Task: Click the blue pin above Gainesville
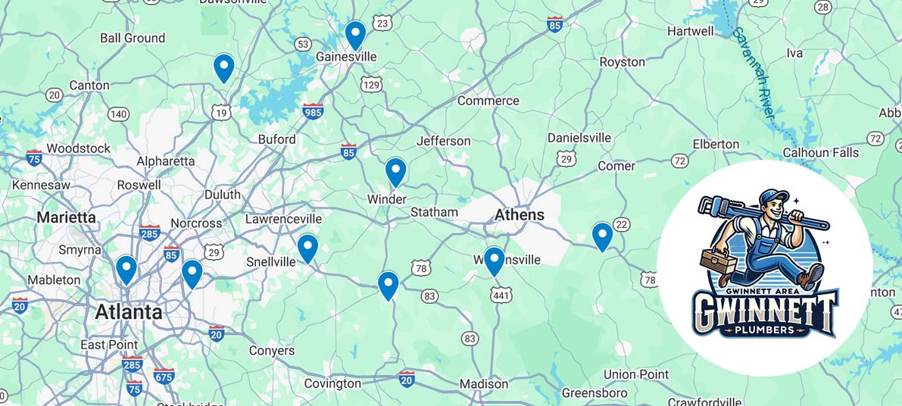click(x=355, y=34)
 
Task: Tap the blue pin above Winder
click(x=395, y=171)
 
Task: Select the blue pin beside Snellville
click(x=307, y=248)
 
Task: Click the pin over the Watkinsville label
click(x=494, y=261)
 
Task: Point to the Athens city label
click(x=520, y=215)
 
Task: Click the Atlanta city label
click(x=128, y=312)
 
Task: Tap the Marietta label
click(x=67, y=218)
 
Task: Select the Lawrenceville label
click(x=283, y=219)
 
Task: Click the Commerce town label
click(x=488, y=101)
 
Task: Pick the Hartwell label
click(x=690, y=31)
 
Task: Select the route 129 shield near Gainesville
click(x=371, y=84)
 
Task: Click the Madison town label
click(x=484, y=384)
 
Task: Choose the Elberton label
click(x=716, y=144)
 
